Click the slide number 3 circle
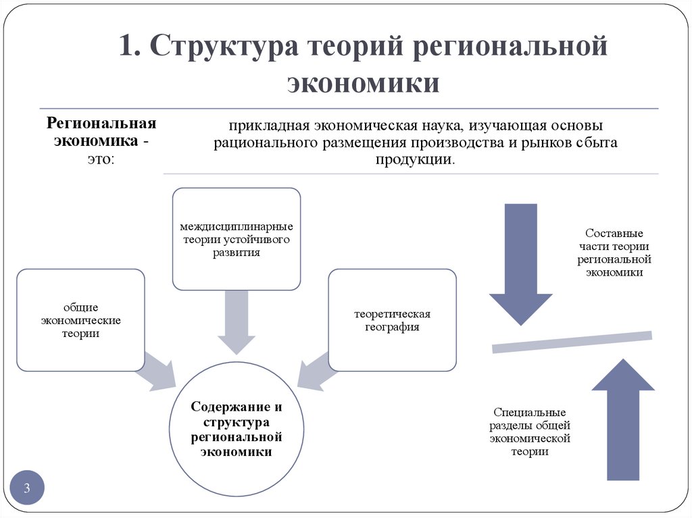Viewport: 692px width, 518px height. [28, 488]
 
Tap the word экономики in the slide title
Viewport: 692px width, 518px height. [364, 84]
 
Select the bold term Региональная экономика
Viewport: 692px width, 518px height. [101, 133]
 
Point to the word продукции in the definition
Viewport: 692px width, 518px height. [416, 159]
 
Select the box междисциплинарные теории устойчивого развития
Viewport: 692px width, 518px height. [236, 239]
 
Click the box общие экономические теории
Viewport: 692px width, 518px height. [80, 320]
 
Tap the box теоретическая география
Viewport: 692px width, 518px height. [392, 320]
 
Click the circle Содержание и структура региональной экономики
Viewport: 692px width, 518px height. [236, 430]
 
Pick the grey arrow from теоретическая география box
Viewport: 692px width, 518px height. [315, 371]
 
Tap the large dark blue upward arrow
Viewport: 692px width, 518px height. [622, 419]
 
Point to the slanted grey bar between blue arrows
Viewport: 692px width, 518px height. [572, 342]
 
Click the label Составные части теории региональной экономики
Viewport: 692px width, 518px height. [614, 253]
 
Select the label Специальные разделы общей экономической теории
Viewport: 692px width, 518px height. [530, 432]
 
